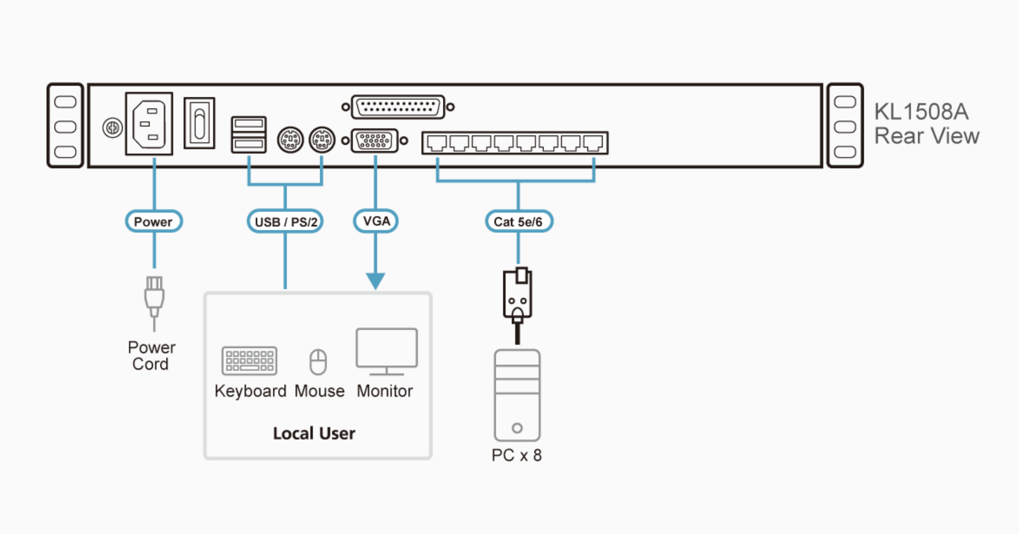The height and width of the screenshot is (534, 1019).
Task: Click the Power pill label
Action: [153, 222]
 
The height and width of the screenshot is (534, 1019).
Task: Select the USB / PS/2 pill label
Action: [285, 222]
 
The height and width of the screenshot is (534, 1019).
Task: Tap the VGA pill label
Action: [376, 221]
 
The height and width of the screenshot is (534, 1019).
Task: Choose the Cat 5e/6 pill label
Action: [518, 222]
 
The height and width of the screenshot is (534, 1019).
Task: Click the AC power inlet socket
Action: [149, 124]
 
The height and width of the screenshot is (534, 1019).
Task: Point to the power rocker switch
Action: [199, 123]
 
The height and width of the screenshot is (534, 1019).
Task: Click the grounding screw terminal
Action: [112, 127]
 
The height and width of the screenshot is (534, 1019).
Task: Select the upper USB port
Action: [248, 124]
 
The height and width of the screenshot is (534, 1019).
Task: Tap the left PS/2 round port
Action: [290, 140]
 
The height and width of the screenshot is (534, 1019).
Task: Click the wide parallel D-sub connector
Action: [398, 107]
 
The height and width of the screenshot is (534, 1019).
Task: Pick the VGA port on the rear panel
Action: [375, 141]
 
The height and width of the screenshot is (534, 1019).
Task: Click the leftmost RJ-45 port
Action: [436, 143]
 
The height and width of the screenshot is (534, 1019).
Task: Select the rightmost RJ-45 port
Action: [593, 143]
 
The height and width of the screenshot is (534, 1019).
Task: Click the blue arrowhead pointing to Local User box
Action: [376, 281]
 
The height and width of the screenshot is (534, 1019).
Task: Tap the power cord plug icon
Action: [154, 298]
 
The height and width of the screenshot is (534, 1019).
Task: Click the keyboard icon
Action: [249, 360]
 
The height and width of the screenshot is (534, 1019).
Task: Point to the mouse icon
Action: [318, 362]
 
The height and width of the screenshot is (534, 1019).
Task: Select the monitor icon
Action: [387, 351]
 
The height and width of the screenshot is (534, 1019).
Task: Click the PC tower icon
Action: [517, 395]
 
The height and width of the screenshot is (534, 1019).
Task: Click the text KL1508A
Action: [921, 112]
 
